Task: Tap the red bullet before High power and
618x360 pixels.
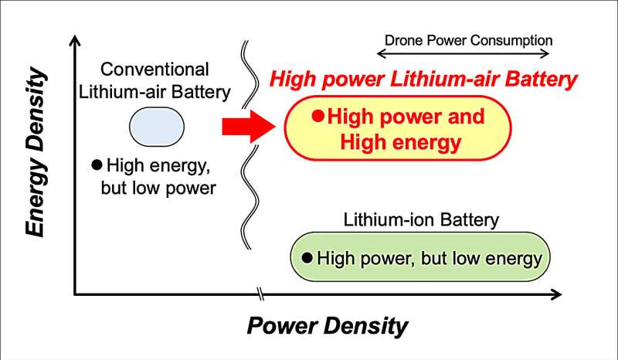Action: (316, 117)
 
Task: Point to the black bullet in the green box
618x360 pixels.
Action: (307, 258)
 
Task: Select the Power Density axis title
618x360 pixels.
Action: (328, 325)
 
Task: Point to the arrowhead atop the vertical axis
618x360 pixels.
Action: (74, 39)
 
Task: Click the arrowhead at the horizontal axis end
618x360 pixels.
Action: (555, 294)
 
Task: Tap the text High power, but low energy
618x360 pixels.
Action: (430, 258)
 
